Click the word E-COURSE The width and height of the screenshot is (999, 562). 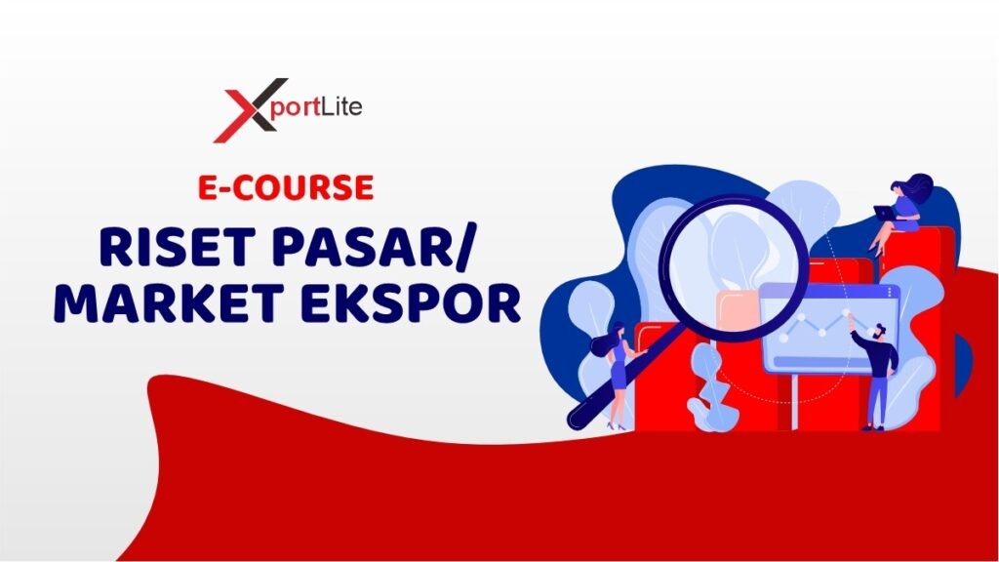coord(286,187)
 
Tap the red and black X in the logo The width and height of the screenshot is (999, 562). coord(249,110)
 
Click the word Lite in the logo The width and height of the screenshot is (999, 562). coord(341,105)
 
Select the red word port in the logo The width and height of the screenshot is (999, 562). coord(295,109)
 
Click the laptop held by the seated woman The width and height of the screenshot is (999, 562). coord(884,212)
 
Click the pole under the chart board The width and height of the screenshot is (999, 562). coord(794,401)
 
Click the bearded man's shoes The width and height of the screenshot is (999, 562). coord(873,427)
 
